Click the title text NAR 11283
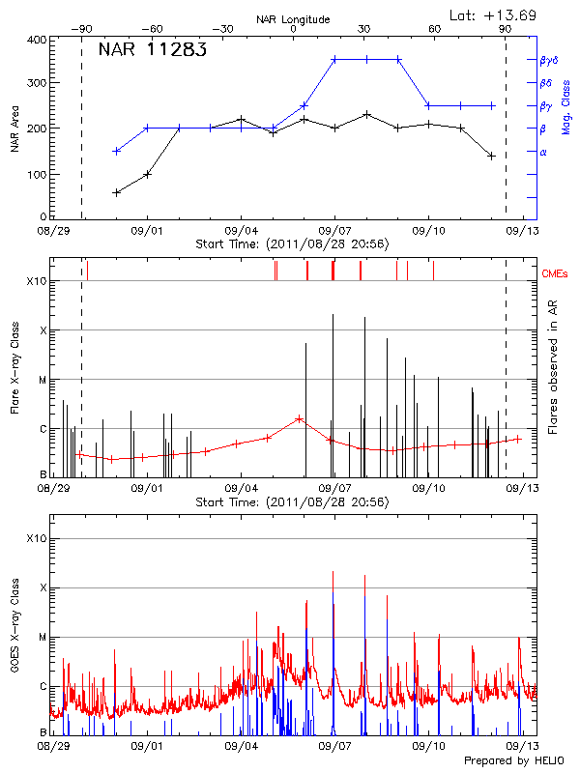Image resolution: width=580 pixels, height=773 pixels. (152, 51)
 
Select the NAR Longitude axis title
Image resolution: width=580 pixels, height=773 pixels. (293, 19)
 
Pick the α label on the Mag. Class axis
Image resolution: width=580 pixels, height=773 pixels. (542, 152)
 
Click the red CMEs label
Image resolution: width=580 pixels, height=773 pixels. (555, 274)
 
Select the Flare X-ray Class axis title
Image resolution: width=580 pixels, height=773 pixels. (15, 368)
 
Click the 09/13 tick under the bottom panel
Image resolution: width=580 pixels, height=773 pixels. (523, 747)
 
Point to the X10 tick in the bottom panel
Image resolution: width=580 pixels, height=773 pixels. (37, 538)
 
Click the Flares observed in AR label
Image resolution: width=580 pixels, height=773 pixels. (552, 368)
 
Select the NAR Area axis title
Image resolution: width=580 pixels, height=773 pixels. (15, 129)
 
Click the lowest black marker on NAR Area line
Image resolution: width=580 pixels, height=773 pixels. (117, 192)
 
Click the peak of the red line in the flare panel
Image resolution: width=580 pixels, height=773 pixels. (300, 418)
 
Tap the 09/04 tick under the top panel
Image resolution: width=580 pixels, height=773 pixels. (241, 232)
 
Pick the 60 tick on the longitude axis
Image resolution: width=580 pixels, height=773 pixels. (434, 29)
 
